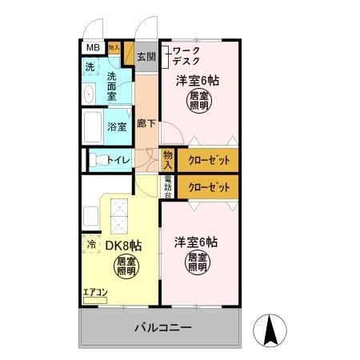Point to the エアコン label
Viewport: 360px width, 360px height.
(94, 291)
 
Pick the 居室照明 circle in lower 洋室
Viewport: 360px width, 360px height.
(198, 262)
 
